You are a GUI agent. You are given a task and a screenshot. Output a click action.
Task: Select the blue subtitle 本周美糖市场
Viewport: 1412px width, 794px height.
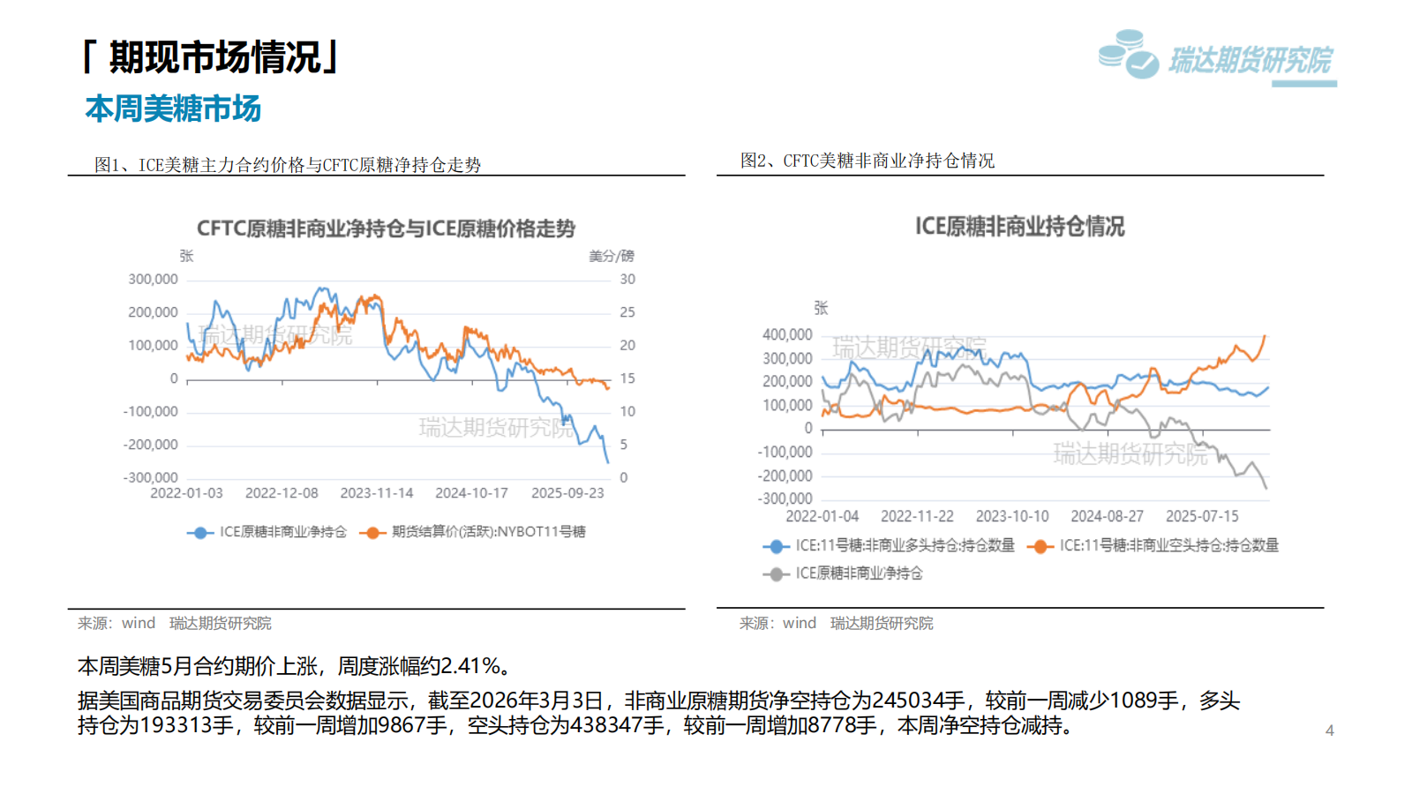click(x=173, y=109)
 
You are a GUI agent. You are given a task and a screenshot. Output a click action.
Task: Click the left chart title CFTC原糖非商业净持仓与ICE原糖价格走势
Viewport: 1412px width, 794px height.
click(x=386, y=228)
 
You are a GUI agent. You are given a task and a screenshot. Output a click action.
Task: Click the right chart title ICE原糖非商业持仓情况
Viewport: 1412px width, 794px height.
click(x=1019, y=227)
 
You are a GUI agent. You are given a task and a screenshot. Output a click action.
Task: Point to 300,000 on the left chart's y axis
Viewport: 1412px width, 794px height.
click(x=153, y=279)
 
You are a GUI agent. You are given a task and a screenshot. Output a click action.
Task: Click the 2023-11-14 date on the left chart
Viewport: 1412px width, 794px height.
click(x=377, y=493)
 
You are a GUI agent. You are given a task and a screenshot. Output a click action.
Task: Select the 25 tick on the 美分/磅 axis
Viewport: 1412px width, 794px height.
click(x=627, y=312)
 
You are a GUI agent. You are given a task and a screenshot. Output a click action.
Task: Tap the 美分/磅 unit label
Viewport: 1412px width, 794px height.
click(x=612, y=256)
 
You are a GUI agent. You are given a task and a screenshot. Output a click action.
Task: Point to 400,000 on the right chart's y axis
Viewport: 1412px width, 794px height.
click(x=787, y=334)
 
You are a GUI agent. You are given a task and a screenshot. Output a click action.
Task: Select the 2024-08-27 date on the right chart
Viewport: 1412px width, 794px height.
click(x=1107, y=516)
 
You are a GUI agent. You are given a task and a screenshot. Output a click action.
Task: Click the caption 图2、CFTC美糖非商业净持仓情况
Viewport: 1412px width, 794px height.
click(x=867, y=161)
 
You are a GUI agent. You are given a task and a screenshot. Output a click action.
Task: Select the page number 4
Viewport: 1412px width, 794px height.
click(x=1329, y=730)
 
